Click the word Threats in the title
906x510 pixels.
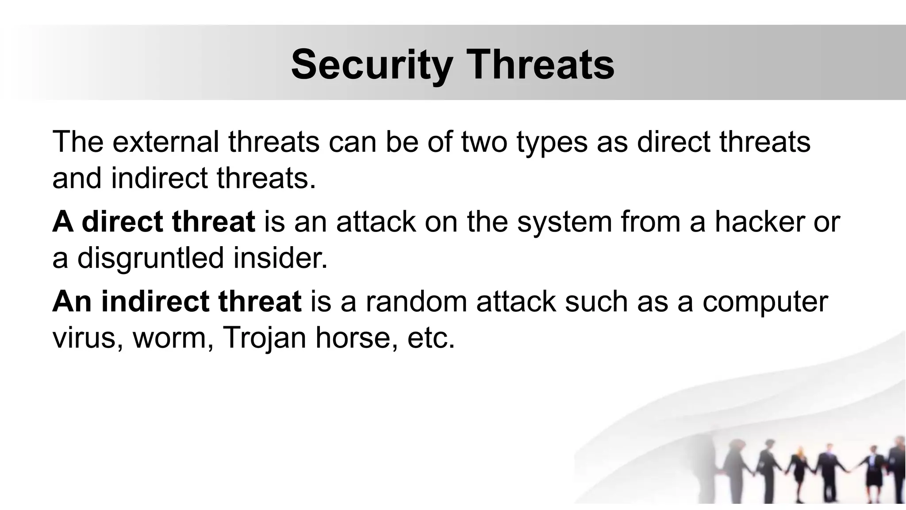pos(541,65)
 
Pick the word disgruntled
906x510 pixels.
pos(150,259)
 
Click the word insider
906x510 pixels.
pos(280,258)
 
